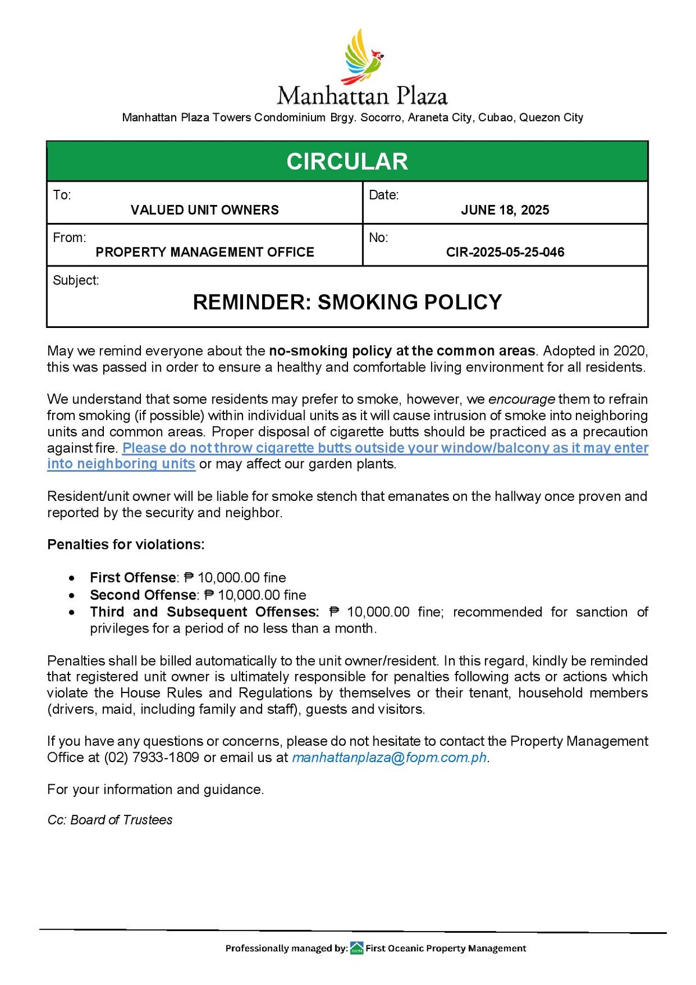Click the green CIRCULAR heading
pyautogui.click(x=347, y=161)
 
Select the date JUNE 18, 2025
pyautogui.click(x=505, y=210)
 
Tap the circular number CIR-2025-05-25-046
pyautogui.click(x=505, y=252)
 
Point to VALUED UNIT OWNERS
pyautogui.click(x=204, y=210)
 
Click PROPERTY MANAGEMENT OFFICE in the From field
pyautogui.click(x=205, y=252)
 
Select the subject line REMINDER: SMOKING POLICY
pyautogui.click(x=347, y=302)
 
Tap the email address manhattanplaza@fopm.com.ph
pyautogui.click(x=389, y=757)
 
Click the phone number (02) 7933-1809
pyautogui.click(x=151, y=757)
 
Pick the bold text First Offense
pyautogui.click(x=133, y=578)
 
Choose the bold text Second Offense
pyautogui.click(x=143, y=595)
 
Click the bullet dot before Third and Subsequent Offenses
pyautogui.click(x=71, y=612)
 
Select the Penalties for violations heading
pyautogui.click(x=126, y=544)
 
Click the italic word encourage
pyautogui.click(x=521, y=399)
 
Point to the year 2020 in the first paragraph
pyautogui.click(x=628, y=351)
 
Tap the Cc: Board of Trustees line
pyautogui.click(x=110, y=820)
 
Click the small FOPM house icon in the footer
pyautogui.click(x=357, y=948)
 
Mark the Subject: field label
pyautogui.click(x=76, y=280)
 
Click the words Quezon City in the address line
pyautogui.click(x=551, y=118)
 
